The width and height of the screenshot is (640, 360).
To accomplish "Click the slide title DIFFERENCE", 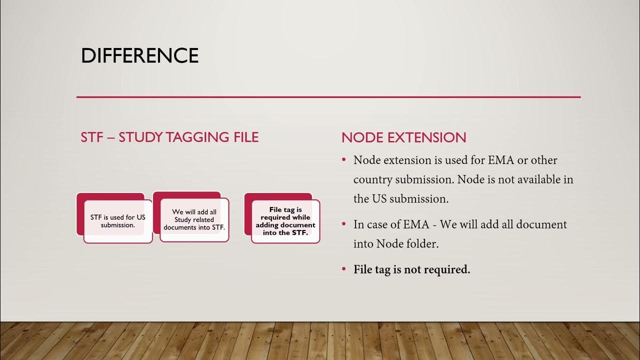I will pyautogui.click(x=139, y=55).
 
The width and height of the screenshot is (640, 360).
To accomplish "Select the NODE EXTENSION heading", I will pyautogui.click(x=403, y=137).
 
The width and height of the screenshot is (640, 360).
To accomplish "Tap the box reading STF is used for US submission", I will pyautogui.click(x=118, y=221).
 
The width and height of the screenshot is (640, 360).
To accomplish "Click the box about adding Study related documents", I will pyautogui.click(x=194, y=219).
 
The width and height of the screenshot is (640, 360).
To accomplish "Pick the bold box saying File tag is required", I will pyautogui.click(x=285, y=221).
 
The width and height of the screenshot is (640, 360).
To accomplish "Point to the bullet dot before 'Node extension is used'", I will pyautogui.click(x=344, y=160).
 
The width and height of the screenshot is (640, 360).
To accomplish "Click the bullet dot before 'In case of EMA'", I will pyautogui.click(x=344, y=224).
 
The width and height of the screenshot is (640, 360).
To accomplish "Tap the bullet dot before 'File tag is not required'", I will pyautogui.click(x=344, y=269).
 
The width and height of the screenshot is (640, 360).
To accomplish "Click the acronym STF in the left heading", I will pyautogui.click(x=91, y=137).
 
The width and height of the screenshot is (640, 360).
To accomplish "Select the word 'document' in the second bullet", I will pyautogui.click(x=541, y=224).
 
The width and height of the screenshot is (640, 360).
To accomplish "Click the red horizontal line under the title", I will pyautogui.click(x=328, y=96).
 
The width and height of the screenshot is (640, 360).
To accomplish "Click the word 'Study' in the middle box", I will pyautogui.click(x=183, y=219).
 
